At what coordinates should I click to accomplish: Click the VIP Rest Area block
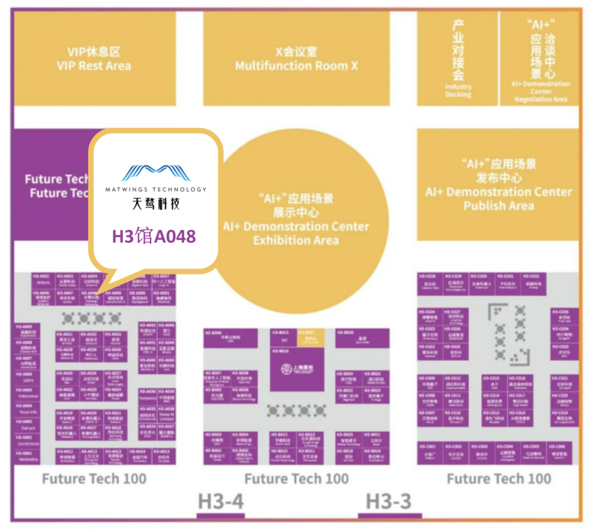(94, 59)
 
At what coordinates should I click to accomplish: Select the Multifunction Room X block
(296, 59)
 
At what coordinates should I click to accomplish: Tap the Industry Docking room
(458, 59)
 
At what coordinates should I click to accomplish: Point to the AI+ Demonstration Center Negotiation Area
(540, 59)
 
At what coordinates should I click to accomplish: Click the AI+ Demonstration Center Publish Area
(498, 184)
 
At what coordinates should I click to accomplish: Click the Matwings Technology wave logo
(156, 173)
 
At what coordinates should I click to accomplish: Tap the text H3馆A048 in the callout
(154, 236)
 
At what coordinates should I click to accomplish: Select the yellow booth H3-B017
(310, 338)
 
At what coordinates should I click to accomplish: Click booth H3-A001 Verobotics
(27, 456)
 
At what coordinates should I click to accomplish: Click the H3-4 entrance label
(221, 501)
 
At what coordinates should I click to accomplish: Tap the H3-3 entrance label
(389, 501)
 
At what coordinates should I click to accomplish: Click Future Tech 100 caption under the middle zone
(296, 479)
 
